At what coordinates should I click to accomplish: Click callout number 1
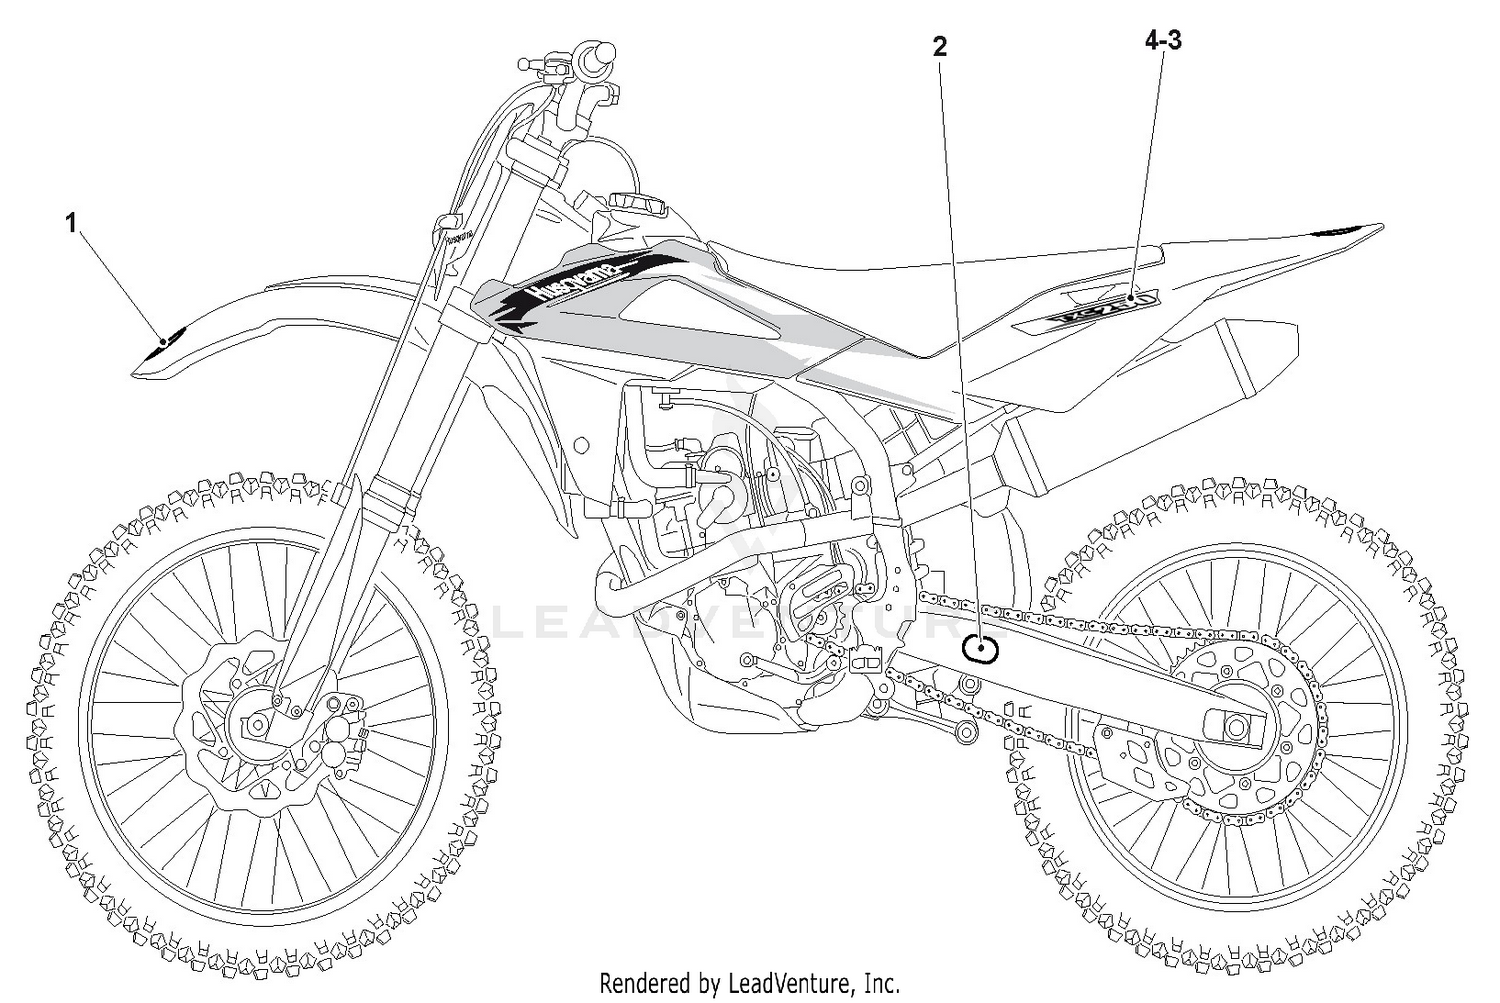[71, 223]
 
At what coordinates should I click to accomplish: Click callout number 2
[939, 47]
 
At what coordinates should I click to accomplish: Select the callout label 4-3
[1163, 41]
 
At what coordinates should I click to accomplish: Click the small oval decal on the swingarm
[980, 649]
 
